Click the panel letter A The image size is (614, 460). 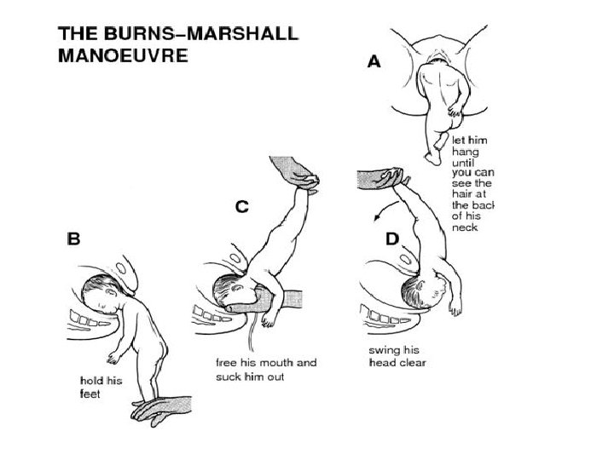pyautogui.click(x=373, y=63)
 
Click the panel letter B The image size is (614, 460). pyautogui.click(x=74, y=239)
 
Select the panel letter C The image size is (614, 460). pyautogui.click(x=243, y=207)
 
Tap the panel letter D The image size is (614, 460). pyautogui.click(x=392, y=239)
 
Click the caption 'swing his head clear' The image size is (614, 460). pyautogui.click(x=397, y=356)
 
